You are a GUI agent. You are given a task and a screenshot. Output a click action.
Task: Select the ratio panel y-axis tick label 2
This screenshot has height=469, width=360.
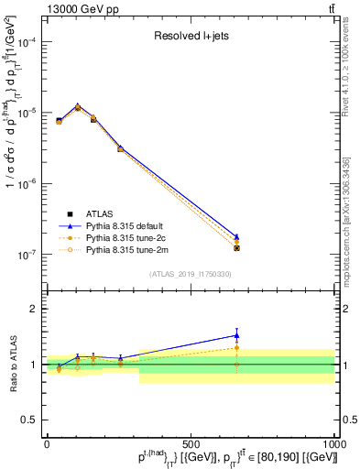36,309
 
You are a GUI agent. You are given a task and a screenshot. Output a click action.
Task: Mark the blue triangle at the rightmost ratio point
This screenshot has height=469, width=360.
236,335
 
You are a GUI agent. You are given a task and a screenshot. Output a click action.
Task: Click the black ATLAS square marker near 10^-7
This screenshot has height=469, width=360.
236,248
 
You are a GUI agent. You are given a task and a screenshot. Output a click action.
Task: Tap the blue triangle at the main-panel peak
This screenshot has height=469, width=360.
78,106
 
